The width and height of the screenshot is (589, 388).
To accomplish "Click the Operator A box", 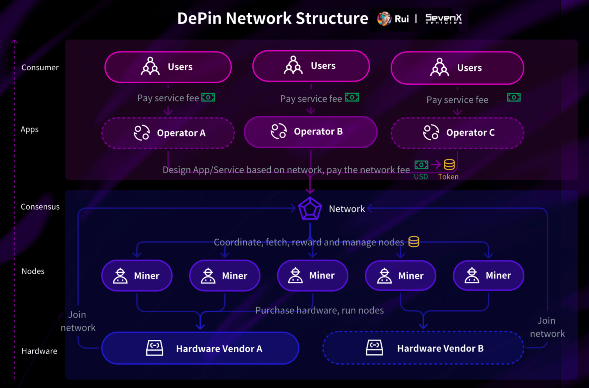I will tap(168, 133).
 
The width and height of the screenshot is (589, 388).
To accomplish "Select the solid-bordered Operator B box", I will tap(310, 132).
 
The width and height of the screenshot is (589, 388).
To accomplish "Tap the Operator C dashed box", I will tap(457, 133).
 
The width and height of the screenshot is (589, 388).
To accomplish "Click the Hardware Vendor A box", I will tap(200, 348).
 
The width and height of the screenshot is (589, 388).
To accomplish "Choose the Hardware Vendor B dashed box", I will tap(423, 348).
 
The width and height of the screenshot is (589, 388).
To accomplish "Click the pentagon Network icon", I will tap(310, 209).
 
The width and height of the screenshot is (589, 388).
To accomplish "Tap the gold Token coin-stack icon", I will tap(449, 165).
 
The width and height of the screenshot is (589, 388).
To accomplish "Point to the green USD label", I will tap(421, 177).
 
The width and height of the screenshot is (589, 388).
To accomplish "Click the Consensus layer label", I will tap(40, 207).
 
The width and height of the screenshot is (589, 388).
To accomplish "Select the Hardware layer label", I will tap(39, 351).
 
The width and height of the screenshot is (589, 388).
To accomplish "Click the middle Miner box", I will tap(312, 276).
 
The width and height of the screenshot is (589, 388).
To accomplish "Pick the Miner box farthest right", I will tap(488, 276).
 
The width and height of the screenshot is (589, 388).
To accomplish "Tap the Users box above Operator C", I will tap(457, 68).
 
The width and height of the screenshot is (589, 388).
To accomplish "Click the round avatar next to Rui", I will tap(384, 19).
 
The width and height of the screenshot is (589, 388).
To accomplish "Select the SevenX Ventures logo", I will tap(444, 19).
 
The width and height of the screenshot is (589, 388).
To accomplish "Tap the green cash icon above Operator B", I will tap(352, 97).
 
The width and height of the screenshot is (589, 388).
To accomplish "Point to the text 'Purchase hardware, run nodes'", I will tap(320, 310).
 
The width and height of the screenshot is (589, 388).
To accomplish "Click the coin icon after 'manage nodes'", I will tap(414, 242).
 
